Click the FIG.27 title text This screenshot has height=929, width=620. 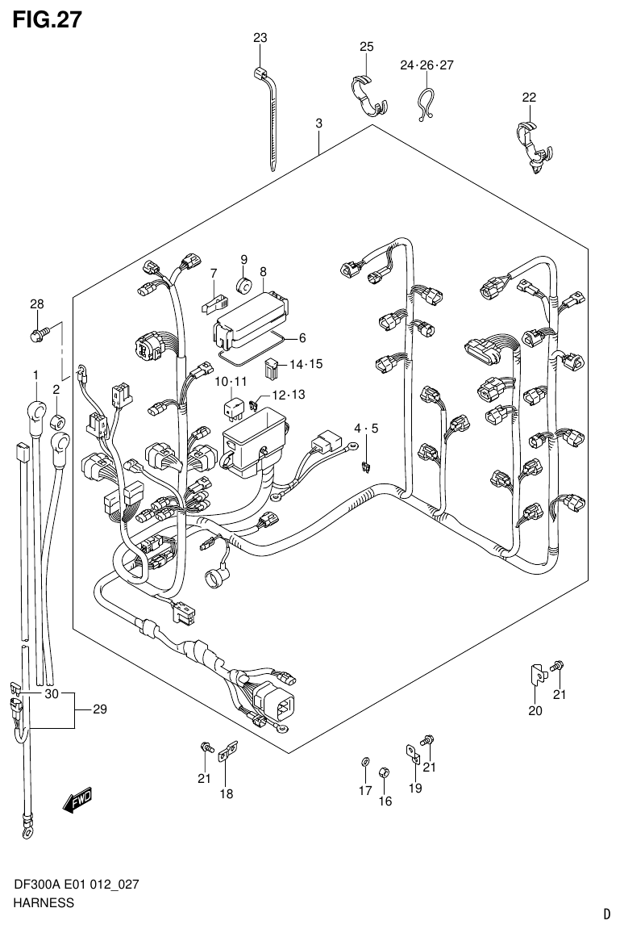47,19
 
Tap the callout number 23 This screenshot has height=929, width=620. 260,38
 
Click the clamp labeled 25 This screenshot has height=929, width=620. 368,91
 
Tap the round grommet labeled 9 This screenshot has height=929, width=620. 244,285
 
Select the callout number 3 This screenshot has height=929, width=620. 319,123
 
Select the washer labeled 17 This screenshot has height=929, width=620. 364,762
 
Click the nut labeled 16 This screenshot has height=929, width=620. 385,772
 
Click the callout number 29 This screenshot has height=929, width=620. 99,709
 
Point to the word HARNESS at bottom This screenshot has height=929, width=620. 44,902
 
